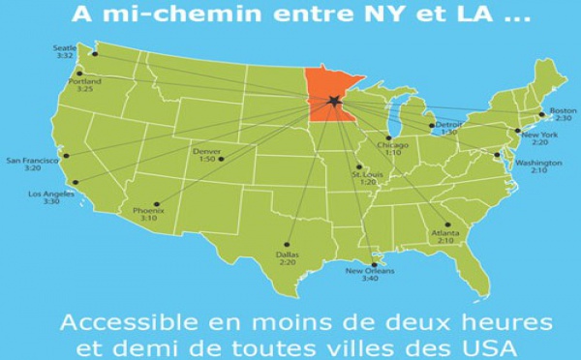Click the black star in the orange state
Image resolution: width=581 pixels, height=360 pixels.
(334, 102)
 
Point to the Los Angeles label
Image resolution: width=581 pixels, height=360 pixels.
(48, 194)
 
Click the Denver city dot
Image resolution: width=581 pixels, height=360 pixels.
(222, 159)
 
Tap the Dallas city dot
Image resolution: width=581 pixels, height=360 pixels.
(288, 244)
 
